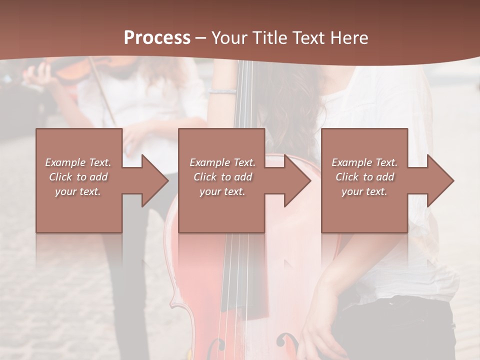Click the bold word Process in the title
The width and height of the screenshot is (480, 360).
click(x=157, y=38)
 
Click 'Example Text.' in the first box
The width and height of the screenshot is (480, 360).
click(x=78, y=162)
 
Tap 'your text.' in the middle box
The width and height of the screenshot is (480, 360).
click(x=222, y=191)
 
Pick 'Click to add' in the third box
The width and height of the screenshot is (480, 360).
click(x=364, y=177)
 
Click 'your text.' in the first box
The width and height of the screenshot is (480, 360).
click(x=78, y=191)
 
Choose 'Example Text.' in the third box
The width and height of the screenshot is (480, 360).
click(x=364, y=162)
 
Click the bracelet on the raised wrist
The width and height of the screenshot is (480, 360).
click(x=222, y=91)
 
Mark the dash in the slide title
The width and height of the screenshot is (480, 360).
click(x=201, y=38)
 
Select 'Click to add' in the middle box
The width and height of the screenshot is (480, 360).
click(x=222, y=177)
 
